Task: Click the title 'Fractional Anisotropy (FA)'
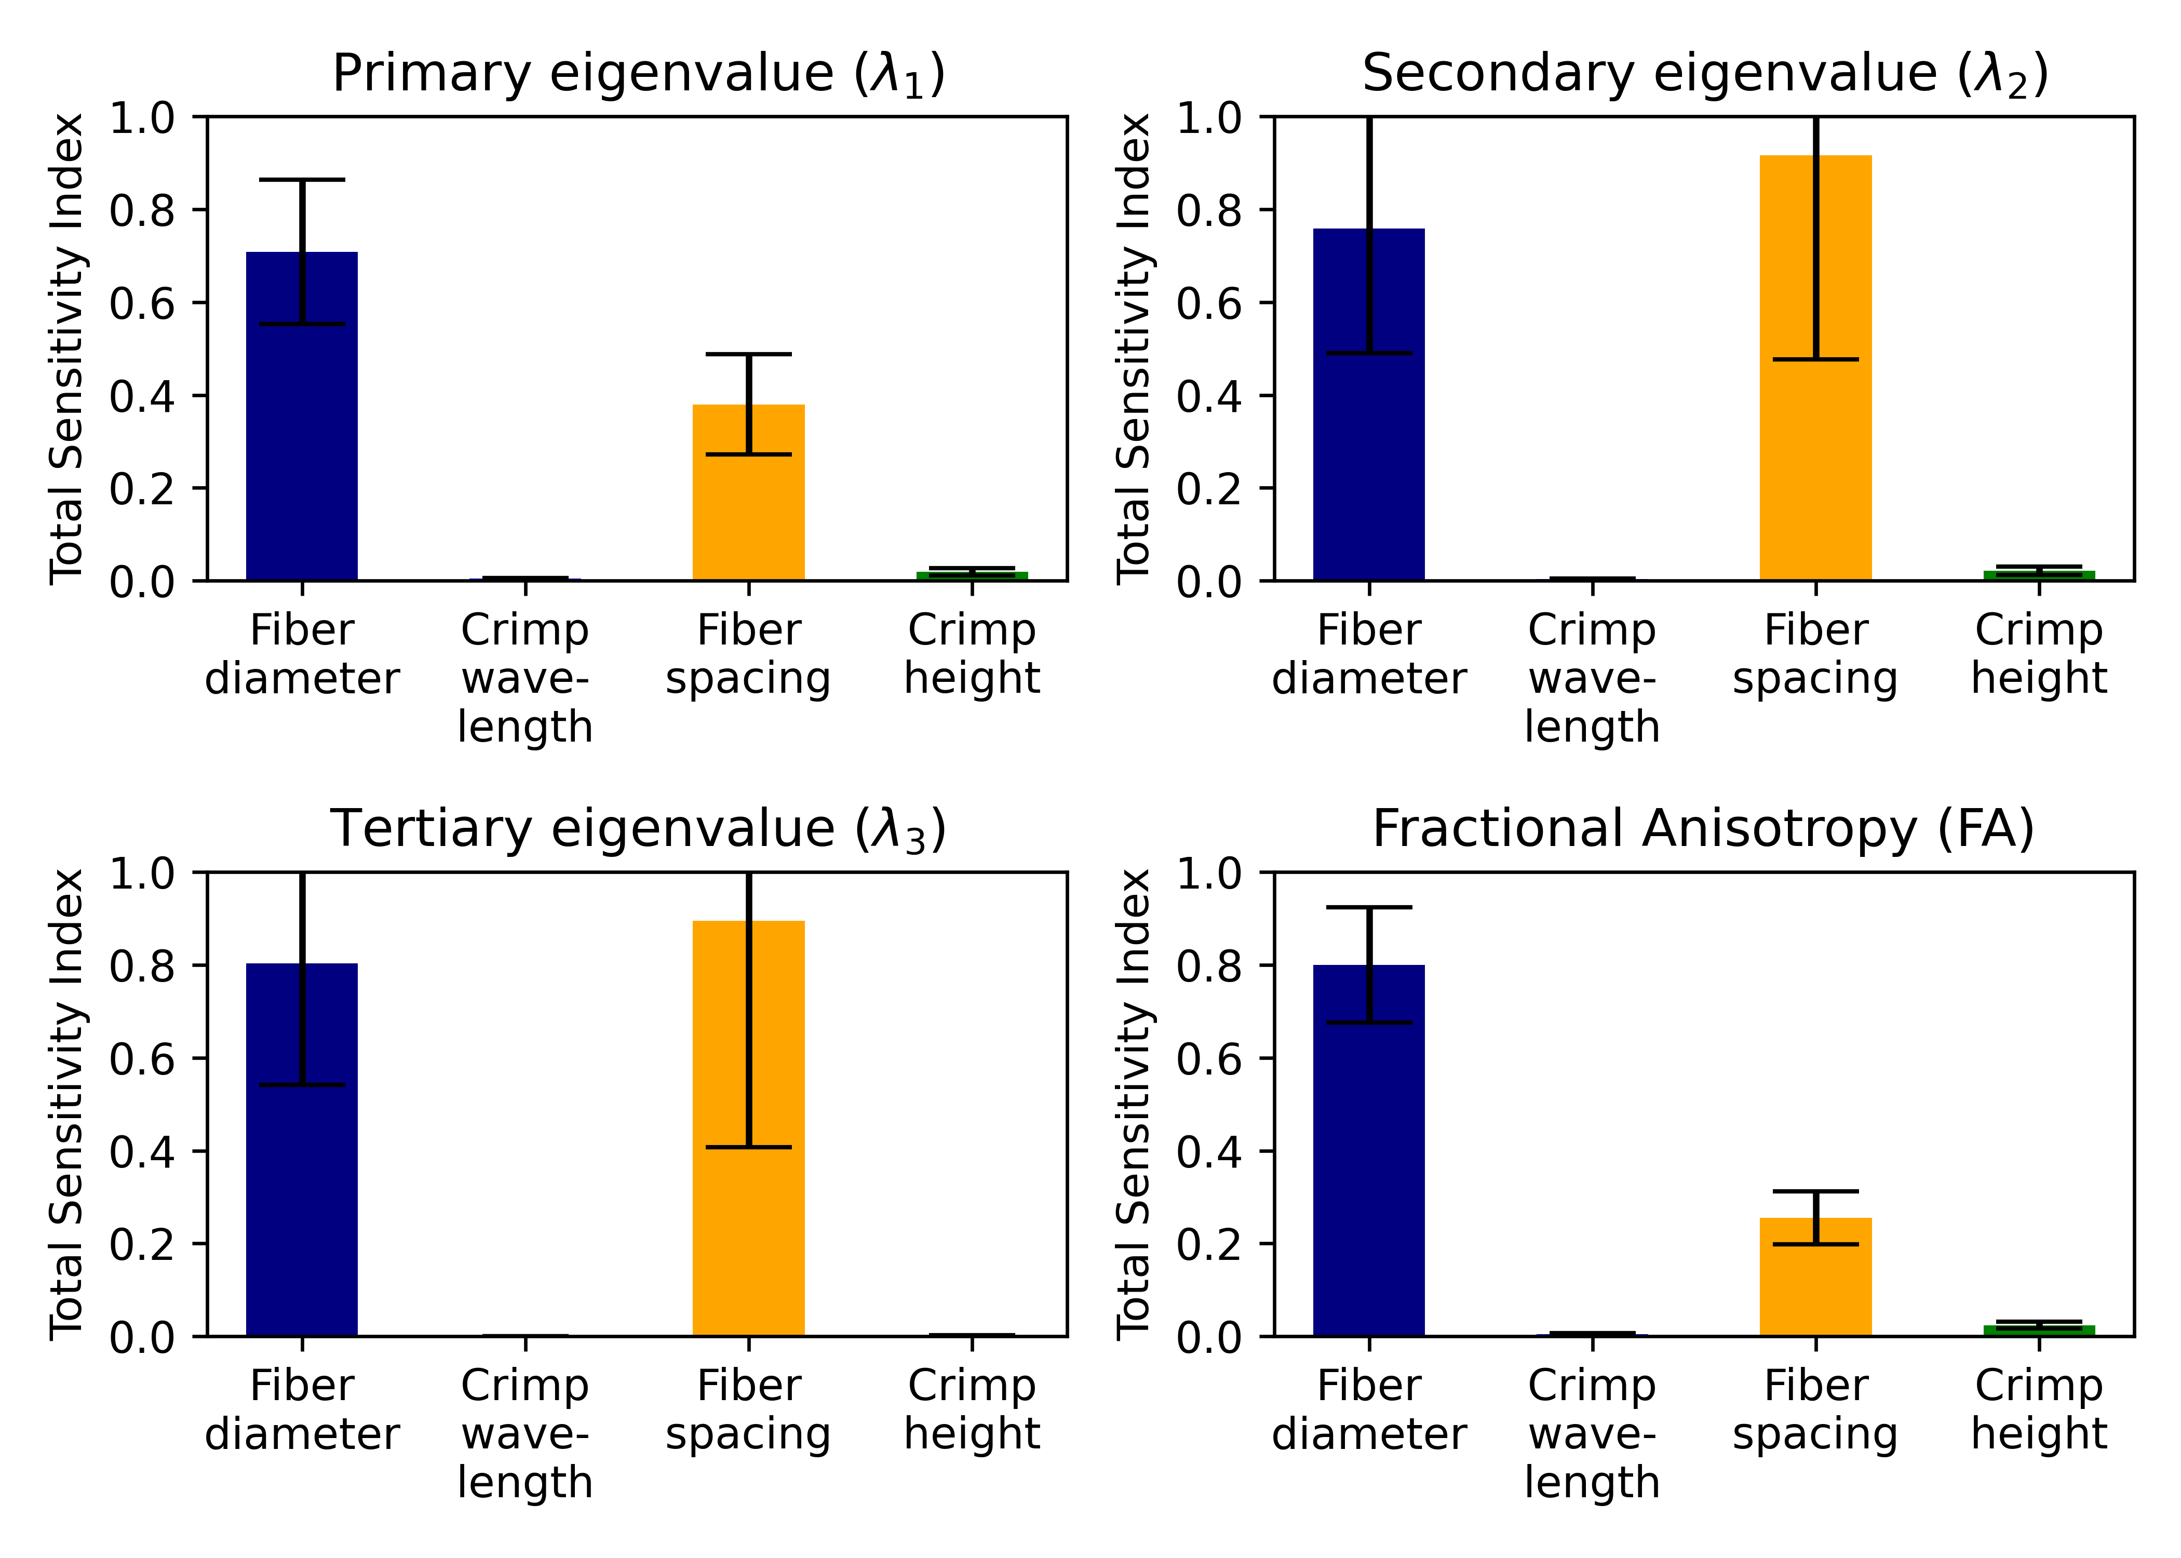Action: (1703, 829)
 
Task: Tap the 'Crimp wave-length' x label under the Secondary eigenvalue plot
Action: (1592, 678)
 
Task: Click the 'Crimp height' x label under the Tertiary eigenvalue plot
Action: (972, 1409)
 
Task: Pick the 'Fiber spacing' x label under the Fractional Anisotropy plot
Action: (1814, 1409)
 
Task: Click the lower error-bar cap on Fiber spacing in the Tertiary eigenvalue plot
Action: (748, 1147)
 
